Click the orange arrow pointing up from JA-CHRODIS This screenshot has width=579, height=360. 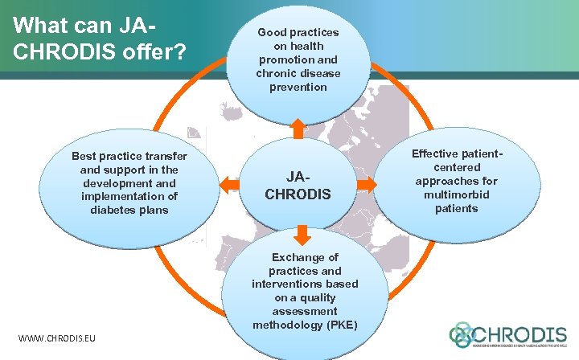298,128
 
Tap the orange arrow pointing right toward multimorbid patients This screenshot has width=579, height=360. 367,185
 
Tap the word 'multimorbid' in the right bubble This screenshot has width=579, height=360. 456,194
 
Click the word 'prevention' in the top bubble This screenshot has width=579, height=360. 298,87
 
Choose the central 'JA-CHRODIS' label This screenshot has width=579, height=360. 298,186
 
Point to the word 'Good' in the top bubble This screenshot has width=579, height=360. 273,32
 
